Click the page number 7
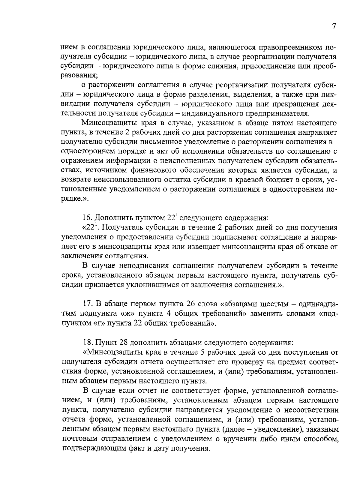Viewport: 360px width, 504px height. point(334,27)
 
